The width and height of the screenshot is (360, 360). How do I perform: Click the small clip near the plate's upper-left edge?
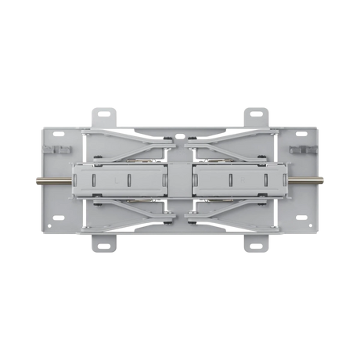60,148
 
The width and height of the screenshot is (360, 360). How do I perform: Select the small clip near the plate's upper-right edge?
299,148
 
